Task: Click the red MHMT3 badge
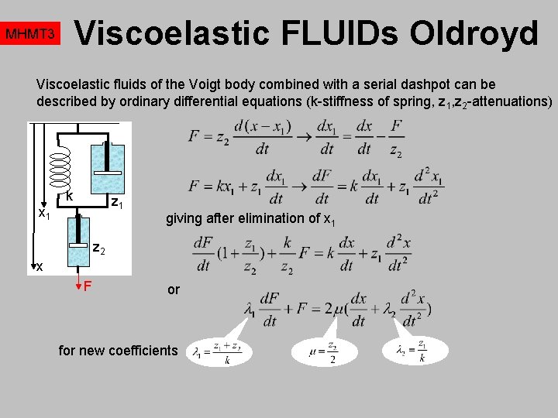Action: [x=30, y=35]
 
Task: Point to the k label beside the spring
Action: [x=70, y=197]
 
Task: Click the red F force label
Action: [x=88, y=287]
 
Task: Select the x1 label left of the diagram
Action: [x=45, y=213]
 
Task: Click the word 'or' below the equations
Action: [x=174, y=290]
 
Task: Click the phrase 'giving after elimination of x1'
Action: [x=250, y=218]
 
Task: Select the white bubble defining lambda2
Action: [x=415, y=350]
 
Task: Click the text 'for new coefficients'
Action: [x=119, y=351]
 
